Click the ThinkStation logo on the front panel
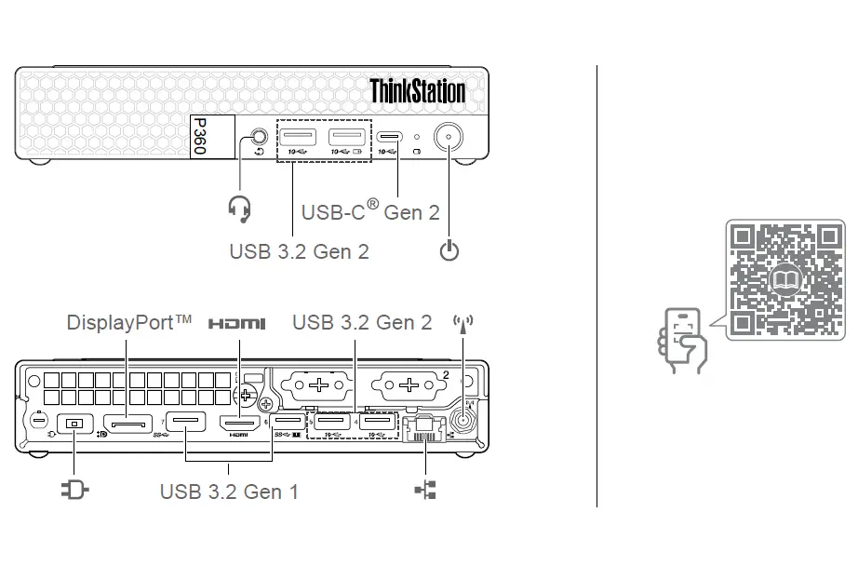[x=417, y=91]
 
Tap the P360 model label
[x=198, y=136]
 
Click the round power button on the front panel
[x=449, y=139]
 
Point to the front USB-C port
[x=389, y=137]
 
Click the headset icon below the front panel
[x=240, y=209]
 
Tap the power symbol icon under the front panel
[x=449, y=250]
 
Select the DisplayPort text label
[x=129, y=322]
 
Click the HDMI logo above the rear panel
[x=236, y=323]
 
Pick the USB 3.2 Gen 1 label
[x=229, y=491]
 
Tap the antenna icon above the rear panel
[x=463, y=323]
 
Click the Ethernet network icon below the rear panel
[x=425, y=490]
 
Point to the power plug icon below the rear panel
[x=74, y=490]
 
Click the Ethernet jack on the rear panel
[x=424, y=427]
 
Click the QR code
[x=785, y=278]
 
